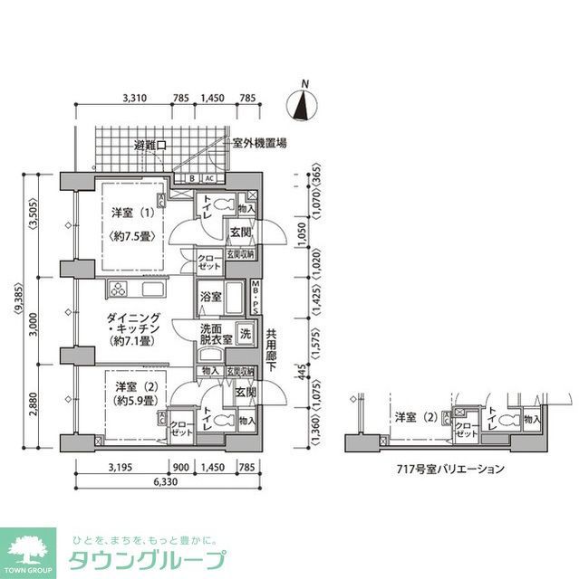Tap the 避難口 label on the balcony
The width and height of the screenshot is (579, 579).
click(x=150, y=145)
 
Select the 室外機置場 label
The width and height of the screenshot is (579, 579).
click(x=259, y=143)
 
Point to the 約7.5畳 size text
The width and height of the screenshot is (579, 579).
click(x=132, y=236)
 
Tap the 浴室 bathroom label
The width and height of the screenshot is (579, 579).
click(x=210, y=296)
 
